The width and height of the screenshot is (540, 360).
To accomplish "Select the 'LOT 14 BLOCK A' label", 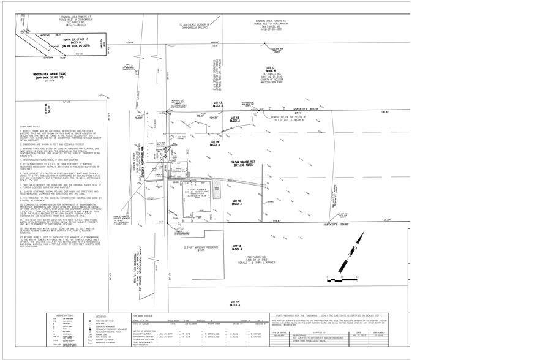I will [x=214, y=143].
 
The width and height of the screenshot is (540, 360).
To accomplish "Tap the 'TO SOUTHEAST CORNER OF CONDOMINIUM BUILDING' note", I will [x=193, y=27].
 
